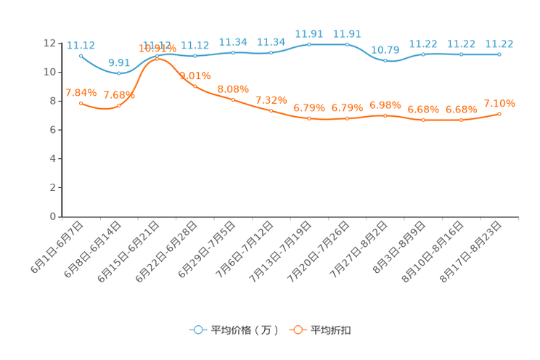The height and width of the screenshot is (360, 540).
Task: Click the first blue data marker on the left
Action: [81, 55]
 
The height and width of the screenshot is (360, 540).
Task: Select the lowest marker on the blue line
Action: [118, 73]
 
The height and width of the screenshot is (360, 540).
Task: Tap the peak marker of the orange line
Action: [157, 58]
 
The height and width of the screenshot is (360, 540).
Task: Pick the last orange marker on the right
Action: [499, 114]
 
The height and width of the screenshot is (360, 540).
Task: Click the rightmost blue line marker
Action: [499, 54]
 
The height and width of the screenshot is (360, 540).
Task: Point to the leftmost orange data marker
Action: [81, 103]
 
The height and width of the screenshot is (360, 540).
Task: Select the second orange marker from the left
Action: [118, 106]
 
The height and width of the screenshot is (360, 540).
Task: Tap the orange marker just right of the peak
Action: [195, 86]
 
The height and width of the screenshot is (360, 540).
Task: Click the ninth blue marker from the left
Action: [385, 61]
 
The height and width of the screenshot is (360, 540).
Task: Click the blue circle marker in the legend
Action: [197, 330]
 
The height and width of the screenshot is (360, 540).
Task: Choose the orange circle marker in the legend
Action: [298, 330]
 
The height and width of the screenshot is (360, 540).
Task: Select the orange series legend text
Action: [332, 330]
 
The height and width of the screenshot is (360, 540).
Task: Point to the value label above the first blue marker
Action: [81, 44]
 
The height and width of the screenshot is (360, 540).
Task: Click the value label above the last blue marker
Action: [499, 43]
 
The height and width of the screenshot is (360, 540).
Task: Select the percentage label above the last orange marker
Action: [499, 103]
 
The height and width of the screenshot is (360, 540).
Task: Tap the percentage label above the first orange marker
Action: [81, 92]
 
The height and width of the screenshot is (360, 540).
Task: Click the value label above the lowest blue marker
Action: [118, 62]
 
